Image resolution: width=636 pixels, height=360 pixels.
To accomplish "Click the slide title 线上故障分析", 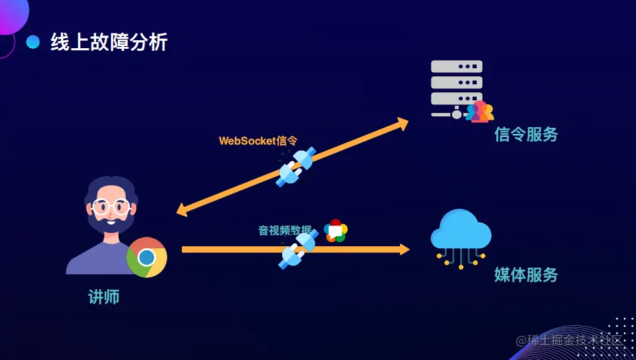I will click(x=109, y=43).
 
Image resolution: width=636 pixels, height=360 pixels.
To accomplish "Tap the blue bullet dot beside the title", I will click(x=33, y=43).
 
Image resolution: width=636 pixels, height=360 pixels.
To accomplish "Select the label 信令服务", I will click(x=526, y=134).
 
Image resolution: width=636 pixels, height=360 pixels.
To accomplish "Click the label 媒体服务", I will click(x=526, y=274).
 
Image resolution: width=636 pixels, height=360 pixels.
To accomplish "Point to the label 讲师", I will click(x=104, y=297).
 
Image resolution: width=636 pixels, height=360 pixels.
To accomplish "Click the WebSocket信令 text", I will click(x=257, y=141).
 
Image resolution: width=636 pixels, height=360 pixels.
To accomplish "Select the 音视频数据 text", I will click(x=285, y=231).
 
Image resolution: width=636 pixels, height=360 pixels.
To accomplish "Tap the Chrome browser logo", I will click(x=146, y=257).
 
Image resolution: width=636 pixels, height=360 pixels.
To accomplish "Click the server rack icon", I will click(x=456, y=87).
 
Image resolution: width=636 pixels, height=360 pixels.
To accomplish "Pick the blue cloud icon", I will click(x=461, y=231).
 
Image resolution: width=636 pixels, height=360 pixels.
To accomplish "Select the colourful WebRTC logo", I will click(x=336, y=231).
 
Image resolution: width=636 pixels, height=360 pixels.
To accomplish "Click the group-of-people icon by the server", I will click(x=480, y=112).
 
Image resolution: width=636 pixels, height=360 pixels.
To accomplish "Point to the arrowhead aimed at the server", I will click(x=402, y=123).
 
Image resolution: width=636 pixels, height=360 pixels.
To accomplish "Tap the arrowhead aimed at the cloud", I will click(x=404, y=250).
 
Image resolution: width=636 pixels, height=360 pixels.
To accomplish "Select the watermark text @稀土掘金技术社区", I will click(x=573, y=340).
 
